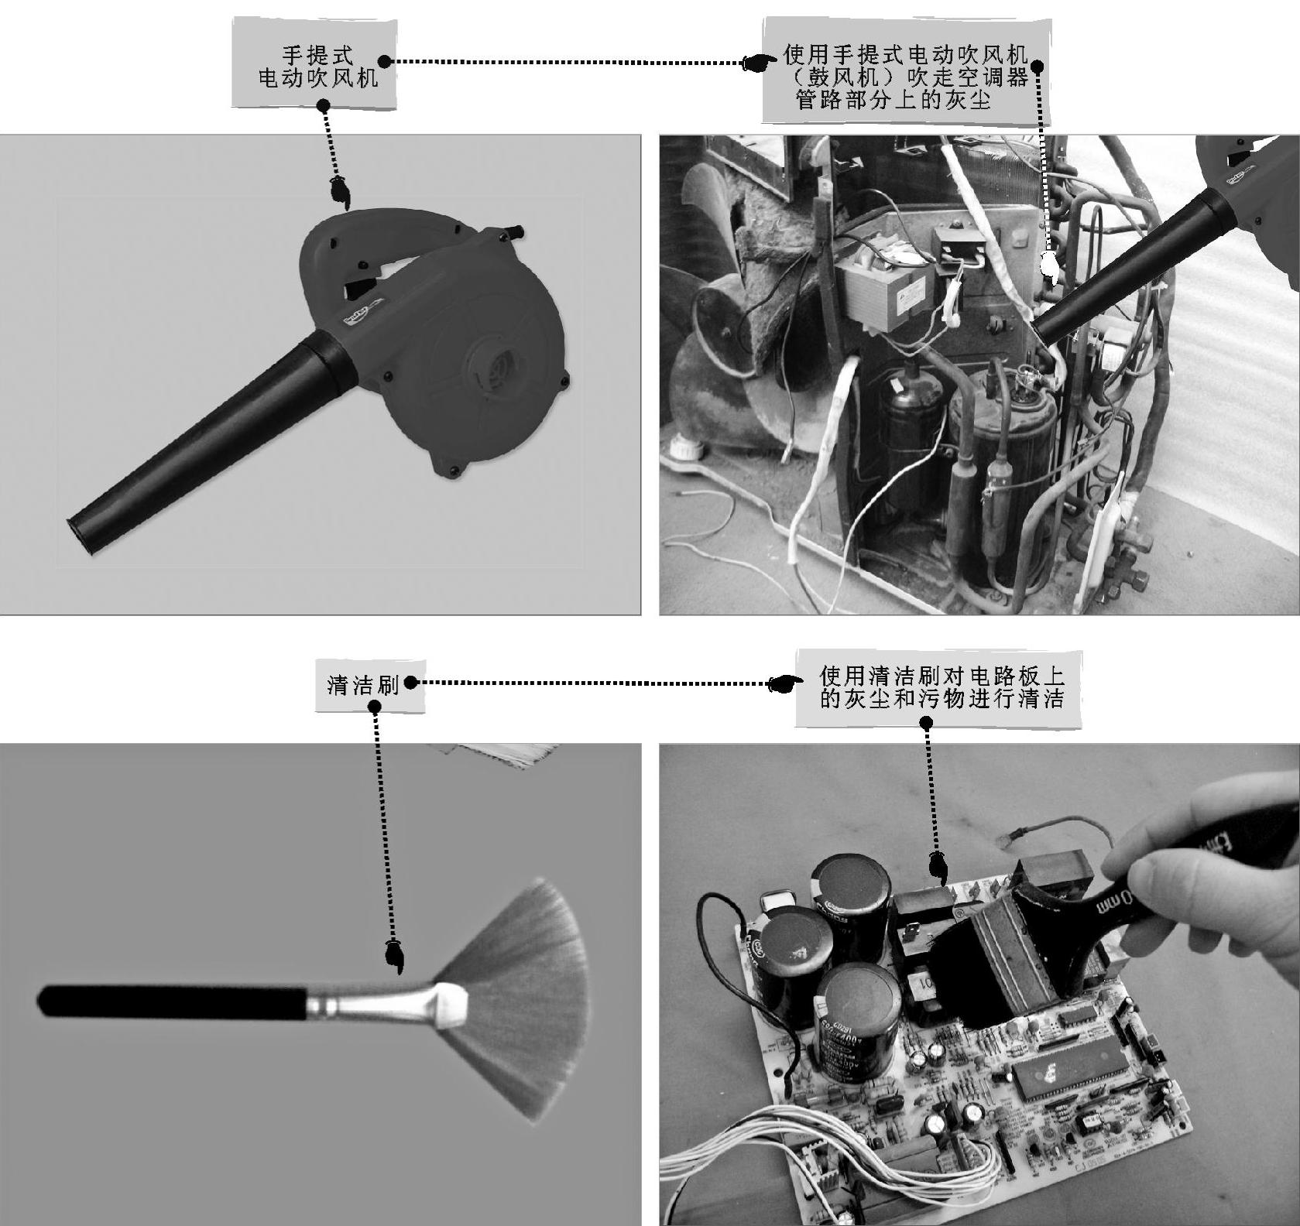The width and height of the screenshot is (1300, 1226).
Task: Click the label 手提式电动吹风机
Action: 317,67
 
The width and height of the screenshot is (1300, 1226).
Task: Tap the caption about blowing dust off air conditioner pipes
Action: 905,77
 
